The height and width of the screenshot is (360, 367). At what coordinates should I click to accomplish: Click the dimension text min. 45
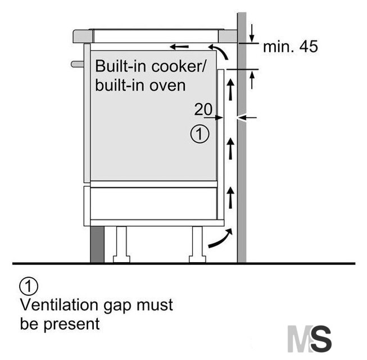tap(291, 46)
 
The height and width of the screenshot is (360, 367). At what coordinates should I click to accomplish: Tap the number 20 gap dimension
tap(203, 109)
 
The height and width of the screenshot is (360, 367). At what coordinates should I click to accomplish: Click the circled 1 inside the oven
tap(200, 134)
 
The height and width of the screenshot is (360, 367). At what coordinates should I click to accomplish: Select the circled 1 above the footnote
tap(29, 286)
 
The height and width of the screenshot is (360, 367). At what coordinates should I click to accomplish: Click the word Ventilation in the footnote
tap(59, 305)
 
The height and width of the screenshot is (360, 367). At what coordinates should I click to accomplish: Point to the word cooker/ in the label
tap(179, 66)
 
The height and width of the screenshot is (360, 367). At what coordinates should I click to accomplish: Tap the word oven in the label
tap(167, 85)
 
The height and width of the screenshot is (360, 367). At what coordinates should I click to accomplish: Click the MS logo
tap(310, 339)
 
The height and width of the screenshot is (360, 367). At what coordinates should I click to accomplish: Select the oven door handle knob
tap(77, 64)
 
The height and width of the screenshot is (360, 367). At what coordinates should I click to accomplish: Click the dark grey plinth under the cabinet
tap(97, 244)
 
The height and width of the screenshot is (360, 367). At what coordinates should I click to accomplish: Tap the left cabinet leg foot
tap(121, 259)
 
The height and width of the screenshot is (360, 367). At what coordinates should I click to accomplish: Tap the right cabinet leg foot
tap(197, 259)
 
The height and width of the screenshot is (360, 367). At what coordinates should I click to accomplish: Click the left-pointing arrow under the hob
tap(179, 47)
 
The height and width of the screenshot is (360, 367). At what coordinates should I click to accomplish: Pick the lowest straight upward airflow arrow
tap(231, 197)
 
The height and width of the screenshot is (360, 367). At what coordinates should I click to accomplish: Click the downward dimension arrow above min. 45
tap(252, 33)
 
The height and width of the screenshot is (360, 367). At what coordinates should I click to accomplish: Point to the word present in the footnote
tap(71, 325)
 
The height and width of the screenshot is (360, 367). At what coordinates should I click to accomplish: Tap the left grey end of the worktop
tap(83, 37)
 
